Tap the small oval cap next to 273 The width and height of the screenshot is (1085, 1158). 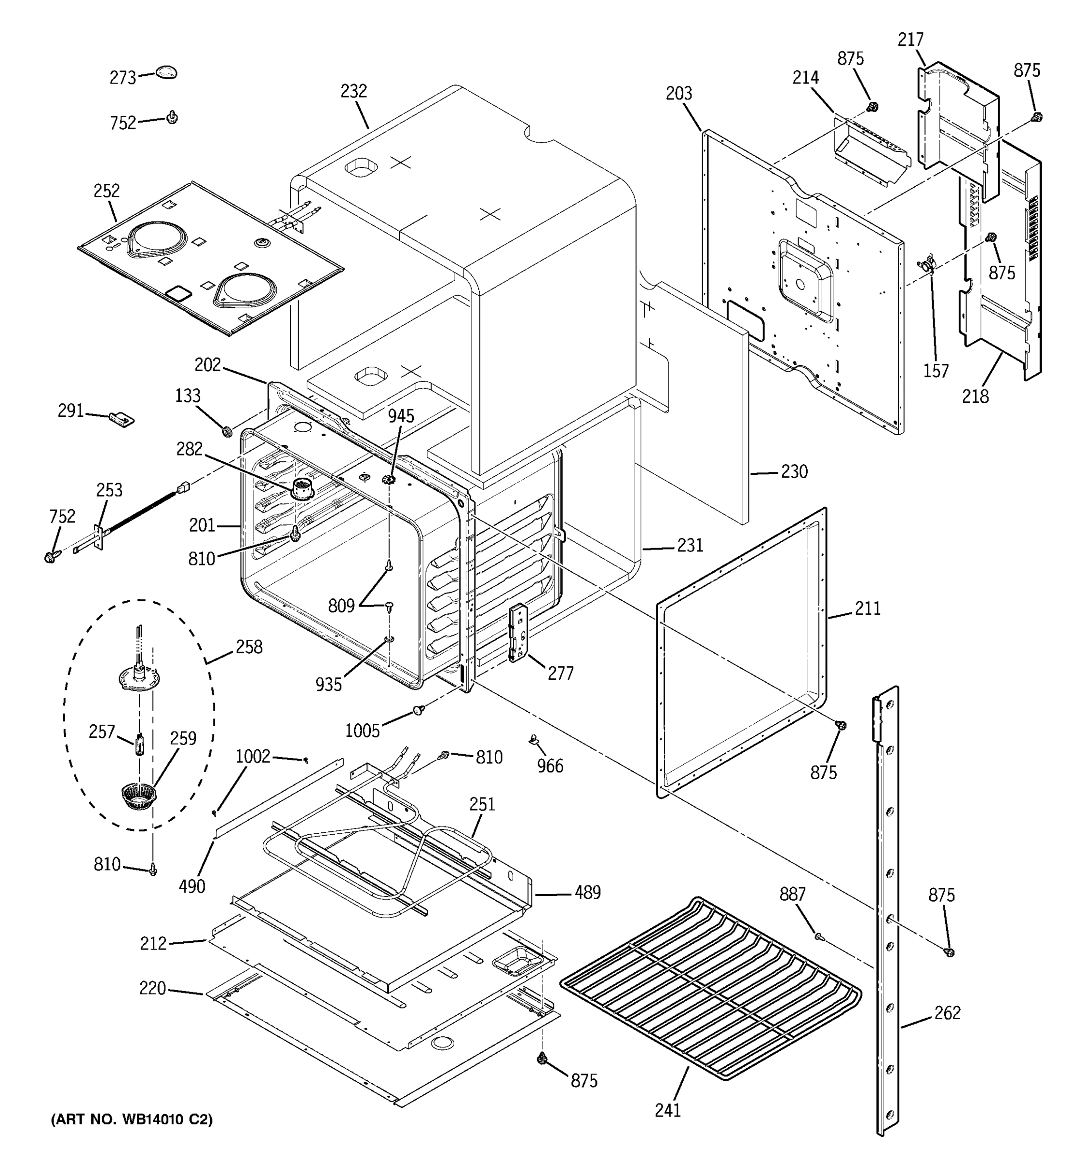click(166, 72)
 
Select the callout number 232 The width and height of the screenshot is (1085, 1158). click(354, 92)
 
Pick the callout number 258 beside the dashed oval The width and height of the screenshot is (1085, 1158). click(249, 647)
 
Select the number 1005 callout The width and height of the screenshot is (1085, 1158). click(362, 731)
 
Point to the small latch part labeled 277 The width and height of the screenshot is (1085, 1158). click(518, 633)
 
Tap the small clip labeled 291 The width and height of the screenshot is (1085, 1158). click(122, 418)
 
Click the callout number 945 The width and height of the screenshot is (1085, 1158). click(401, 416)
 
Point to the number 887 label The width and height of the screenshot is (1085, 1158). click(793, 894)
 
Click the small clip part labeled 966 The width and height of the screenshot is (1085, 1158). click(534, 740)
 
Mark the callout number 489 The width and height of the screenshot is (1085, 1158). click(587, 892)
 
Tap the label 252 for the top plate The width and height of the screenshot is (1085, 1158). click(107, 191)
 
